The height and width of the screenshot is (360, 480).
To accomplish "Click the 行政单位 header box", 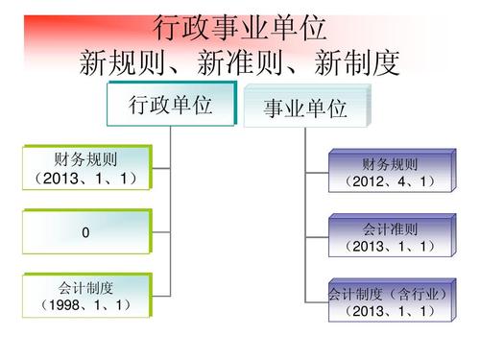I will [x=171, y=106].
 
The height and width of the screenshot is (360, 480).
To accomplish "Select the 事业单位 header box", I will [x=305, y=109].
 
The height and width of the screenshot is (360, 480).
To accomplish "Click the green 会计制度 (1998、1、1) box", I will [x=86, y=296].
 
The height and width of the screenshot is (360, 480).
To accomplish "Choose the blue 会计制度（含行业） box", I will [x=391, y=301].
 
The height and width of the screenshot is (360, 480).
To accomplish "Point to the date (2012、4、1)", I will [x=391, y=180].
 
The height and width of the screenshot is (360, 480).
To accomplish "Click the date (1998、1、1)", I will [x=86, y=305].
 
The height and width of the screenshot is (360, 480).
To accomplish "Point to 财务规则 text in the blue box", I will [x=391, y=164].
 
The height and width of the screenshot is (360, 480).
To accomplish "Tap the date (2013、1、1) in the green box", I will [x=86, y=179].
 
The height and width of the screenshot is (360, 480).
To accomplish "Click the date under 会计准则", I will [x=391, y=247].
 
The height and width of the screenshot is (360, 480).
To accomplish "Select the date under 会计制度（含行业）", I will [x=391, y=311].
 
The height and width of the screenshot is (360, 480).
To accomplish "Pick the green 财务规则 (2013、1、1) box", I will [x=86, y=168].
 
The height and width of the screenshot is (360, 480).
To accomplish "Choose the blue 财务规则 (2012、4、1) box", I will [x=391, y=172].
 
